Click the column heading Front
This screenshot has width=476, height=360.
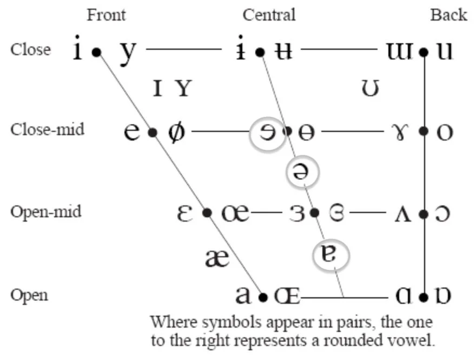(x=106, y=15)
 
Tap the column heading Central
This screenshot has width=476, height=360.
(x=269, y=15)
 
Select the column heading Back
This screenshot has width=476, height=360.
(x=448, y=15)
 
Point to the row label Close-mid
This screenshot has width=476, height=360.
(x=47, y=130)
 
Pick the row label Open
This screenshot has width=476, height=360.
(x=29, y=295)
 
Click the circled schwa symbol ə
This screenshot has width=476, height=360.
(x=302, y=172)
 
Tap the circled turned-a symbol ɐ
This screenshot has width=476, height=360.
(x=330, y=255)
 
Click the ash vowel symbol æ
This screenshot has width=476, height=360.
(x=217, y=258)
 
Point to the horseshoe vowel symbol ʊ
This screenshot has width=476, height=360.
(x=370, y=88)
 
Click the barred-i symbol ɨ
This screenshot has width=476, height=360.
(x=242, y=50)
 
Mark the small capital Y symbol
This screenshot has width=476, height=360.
(x=183, y=88)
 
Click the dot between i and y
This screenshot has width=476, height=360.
(x=96, y=52)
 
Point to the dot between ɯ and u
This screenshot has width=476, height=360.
(x=424, y=52)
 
